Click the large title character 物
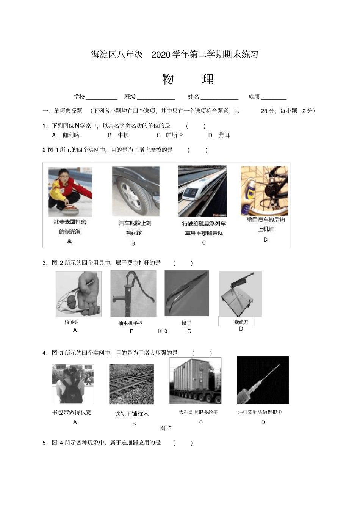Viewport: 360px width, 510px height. (168, 79)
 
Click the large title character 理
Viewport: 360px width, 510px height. (208, 79)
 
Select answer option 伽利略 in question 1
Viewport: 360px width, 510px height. (71, 135)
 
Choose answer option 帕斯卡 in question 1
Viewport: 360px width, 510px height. (174, 135)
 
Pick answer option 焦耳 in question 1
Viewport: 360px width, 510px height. (224, 135)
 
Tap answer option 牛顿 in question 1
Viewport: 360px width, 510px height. (123, 135)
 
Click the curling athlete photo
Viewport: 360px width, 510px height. (70, 192)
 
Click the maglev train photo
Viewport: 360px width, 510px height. (203, 191)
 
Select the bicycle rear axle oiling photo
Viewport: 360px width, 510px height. (265, 191)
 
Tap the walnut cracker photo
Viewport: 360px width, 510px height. (78, 294)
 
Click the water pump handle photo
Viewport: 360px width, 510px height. (133, 294)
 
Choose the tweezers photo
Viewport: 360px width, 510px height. (186, 293)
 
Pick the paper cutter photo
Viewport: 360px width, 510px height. (240, 293)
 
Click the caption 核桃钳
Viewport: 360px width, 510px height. (72, 322)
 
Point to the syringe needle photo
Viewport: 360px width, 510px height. (263, 380)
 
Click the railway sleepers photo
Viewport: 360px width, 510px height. (131, 384)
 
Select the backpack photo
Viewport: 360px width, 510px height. (73, 384)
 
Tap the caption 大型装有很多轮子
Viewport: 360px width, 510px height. (199, 412)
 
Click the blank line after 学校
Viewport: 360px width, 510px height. (102, 97)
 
